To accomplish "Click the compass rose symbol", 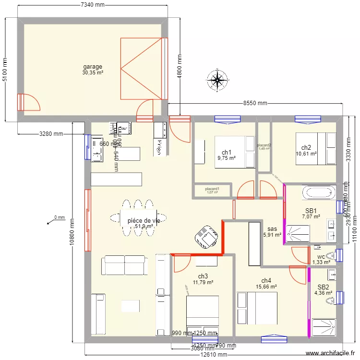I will pyautogui.click(x=218, y=80).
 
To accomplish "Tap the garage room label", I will pyautogui.click(x=93, y=67).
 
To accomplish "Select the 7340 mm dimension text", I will pyautogui.click(x=93, y=5).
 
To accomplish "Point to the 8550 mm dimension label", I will pyautogui.click(x=255, y=103).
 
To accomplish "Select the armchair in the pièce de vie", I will pyautogui.click(x=206, y=237).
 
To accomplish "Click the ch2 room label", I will pyautogui.click(x=306, y=147).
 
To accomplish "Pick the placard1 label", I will pyautogui.click(x=212, y=189).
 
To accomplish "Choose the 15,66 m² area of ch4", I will pyautogui.click(x=266, y=287).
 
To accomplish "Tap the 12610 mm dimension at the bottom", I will pyautogui.click(x=214, y=355).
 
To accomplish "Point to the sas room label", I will pyautogui.click(x=272, y=229).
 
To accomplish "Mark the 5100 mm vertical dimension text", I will pyautogui.click(x=5, y=70).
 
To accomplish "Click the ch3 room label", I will pyautogui.click(x=203, y=276).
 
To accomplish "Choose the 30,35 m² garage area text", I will pyautogui.click(x=93, y=73).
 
